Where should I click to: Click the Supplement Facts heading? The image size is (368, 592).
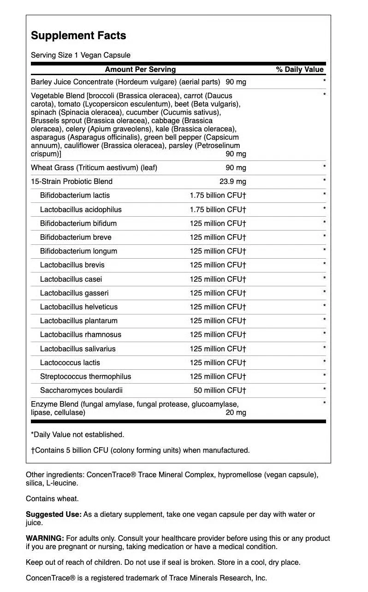[x=78, y=36]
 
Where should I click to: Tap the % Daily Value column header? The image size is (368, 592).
[x=300, y=70]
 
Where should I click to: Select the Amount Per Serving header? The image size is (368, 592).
[x=140, y=70]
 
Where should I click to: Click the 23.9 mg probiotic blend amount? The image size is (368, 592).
[x=232, y=181]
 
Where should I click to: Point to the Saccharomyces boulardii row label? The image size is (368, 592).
[x=81, y=390]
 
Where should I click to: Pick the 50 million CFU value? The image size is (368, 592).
[x=220, y=390]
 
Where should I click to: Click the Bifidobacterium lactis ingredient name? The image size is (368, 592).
[x=75, y=195]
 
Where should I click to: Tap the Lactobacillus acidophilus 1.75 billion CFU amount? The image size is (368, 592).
[x=218, y=209]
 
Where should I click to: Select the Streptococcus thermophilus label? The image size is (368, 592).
[x=85, y=376]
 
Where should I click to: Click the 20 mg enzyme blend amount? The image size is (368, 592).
[x=236, y=413]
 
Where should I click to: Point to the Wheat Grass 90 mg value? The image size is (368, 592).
[x=236, y=167]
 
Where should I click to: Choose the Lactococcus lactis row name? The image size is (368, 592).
[x=70, y=362]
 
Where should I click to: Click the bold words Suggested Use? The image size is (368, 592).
[x=53, y=514]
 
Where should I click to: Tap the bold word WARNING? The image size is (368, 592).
[x=45, y=538]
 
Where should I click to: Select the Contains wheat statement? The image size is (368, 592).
[x=52, y=498]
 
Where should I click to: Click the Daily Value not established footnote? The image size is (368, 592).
[x=77, y=434]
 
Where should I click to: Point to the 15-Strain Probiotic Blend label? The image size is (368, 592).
[x=71, y=181]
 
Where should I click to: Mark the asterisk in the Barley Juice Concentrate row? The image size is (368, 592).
[x=325, y=82]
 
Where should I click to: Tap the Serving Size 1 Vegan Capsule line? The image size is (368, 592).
[x=81, y=55]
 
